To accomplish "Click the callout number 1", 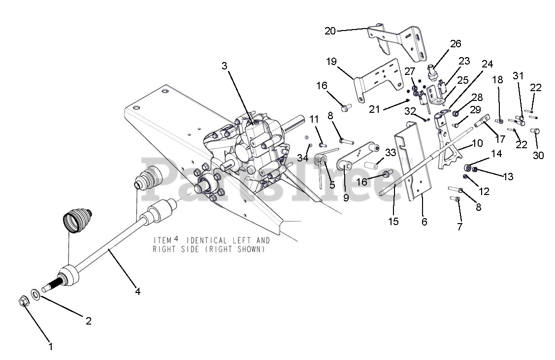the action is pos(50,347).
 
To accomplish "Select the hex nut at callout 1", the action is pos(23,301).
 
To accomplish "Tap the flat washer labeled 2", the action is pos(35,294).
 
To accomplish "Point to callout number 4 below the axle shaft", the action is pos(138,292).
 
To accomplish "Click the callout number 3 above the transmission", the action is pos(225,66).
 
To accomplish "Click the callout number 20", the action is pos(330,31).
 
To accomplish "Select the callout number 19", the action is pos(331,62).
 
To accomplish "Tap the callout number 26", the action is pos(456,43).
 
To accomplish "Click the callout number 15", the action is pos(393,222).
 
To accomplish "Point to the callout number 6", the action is pos(424,222).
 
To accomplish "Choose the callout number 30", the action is pos(538,155).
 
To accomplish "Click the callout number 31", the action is pos(518,76).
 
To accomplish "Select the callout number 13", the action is pos(508,176).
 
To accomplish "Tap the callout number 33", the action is pos(391,153).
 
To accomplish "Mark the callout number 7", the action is pos(459,227).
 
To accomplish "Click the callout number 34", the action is pos(303,158).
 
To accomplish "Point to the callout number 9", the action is pos(346,198).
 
